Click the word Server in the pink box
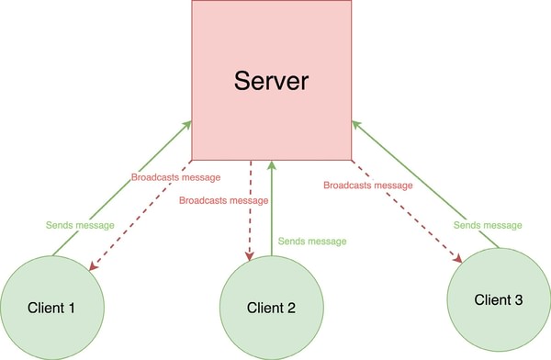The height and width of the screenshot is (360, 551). [x=271, y=80]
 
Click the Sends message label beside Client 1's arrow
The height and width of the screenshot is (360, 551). [x=80, y=225]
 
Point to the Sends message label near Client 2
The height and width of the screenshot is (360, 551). [x=313, y=242]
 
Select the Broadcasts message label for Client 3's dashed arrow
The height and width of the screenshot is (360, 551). [x=366, y=186]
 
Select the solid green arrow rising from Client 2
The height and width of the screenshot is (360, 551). [x=273, y=211]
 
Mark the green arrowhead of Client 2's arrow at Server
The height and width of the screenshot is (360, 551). [x=273, y=165]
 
